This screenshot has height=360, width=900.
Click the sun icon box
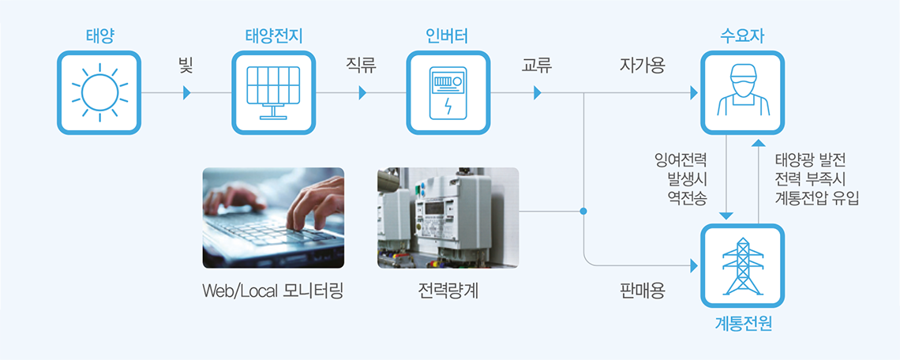[99, 92]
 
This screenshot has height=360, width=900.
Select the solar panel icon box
[274, 92]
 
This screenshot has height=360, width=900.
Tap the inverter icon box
[448, 92]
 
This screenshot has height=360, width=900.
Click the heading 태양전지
[274, 37]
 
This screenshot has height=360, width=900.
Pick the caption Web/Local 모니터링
[272, 291]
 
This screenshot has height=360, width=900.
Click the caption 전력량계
[448, 291]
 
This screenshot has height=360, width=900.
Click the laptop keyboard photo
[273, 218]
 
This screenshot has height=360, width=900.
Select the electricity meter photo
[448, 218]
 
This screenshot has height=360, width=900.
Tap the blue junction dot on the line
[583, 212]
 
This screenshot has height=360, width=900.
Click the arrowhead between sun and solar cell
[186, 92]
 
